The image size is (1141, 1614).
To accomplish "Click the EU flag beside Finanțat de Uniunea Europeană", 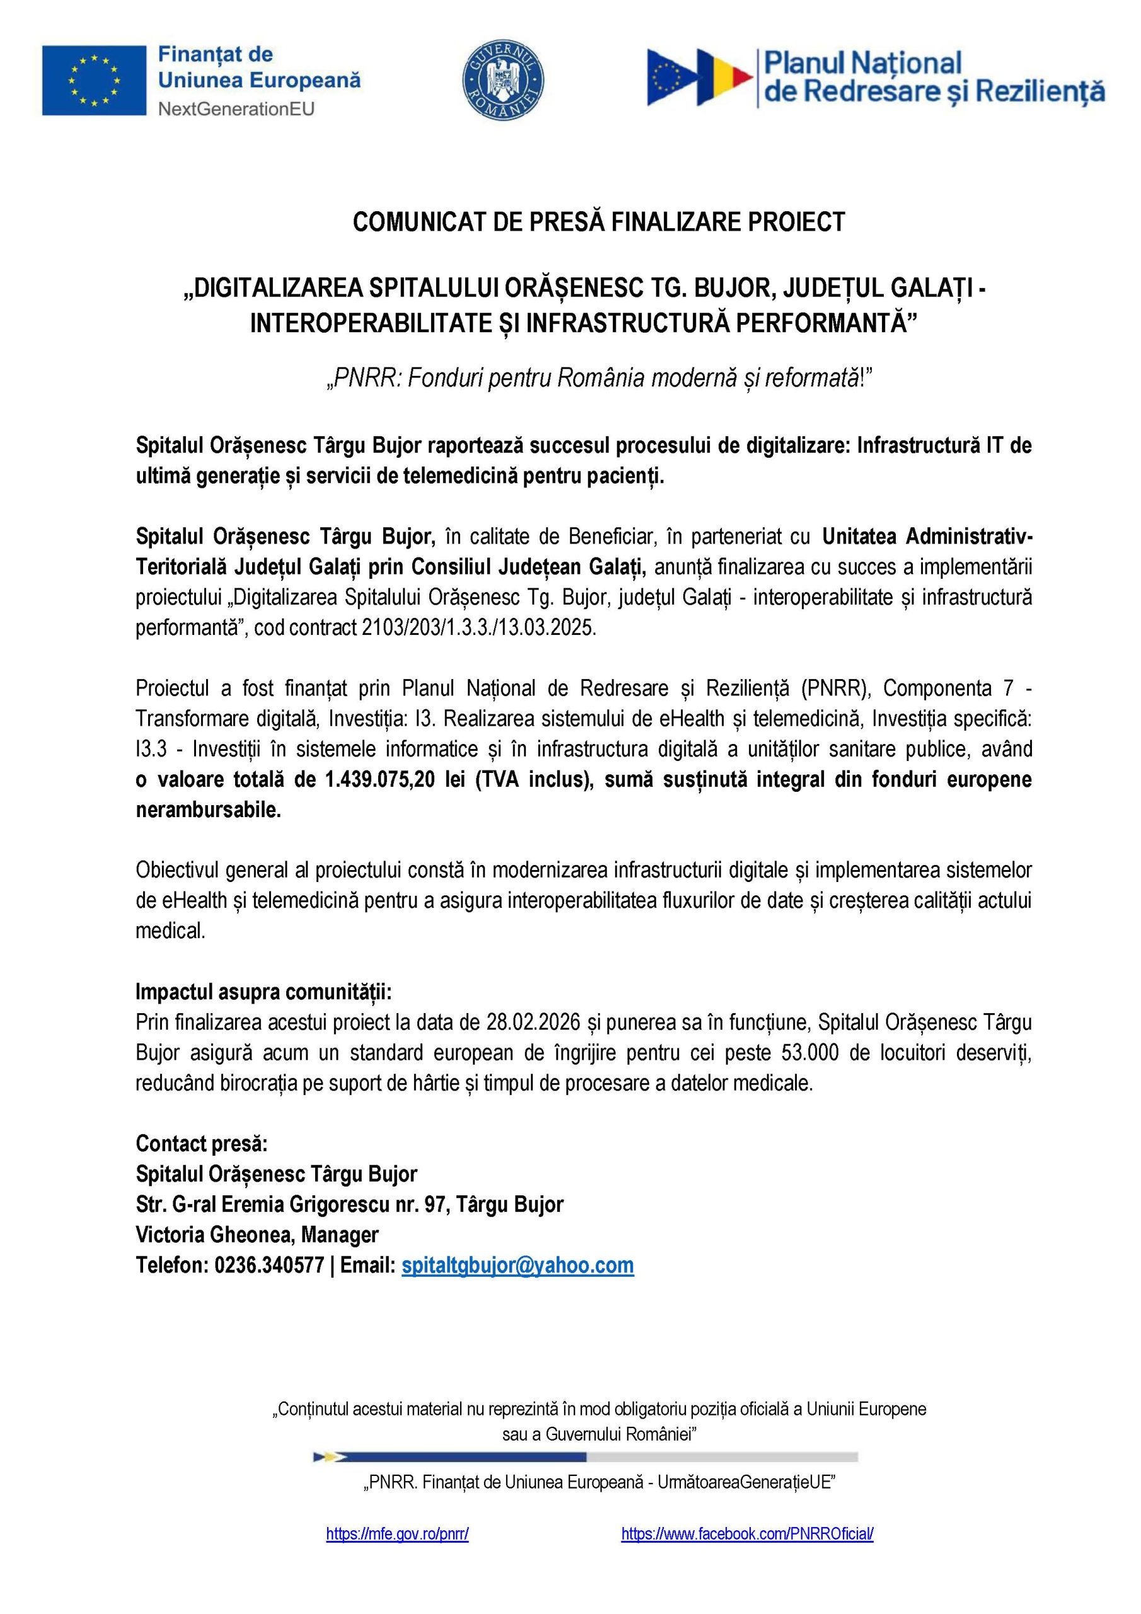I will point(93,80).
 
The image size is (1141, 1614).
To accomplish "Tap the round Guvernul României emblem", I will point(502,79).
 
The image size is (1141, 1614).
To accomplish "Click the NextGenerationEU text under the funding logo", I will point(236,109).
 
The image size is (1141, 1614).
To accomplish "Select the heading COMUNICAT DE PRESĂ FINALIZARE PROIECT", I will point(598,222).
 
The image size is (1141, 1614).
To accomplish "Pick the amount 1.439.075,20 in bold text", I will point(379,780).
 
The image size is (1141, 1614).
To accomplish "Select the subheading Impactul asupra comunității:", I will point(264,992).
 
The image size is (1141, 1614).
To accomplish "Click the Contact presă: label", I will point(202,1144).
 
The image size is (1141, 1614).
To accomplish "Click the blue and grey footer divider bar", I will point(586,1456).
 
